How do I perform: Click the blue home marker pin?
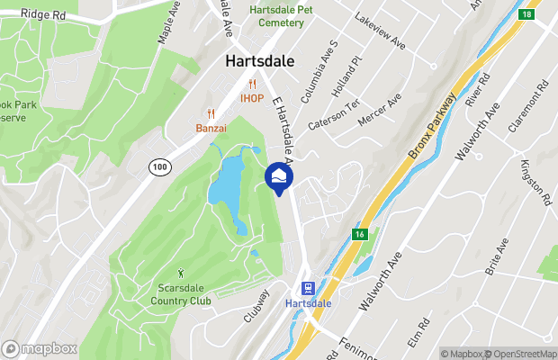279,176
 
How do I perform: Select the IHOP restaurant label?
251,97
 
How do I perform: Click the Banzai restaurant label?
211,129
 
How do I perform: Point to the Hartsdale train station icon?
308,288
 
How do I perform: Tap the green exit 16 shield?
359,235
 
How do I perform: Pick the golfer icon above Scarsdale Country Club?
181,273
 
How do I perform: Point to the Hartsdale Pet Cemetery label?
281,15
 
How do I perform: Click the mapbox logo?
39,348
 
